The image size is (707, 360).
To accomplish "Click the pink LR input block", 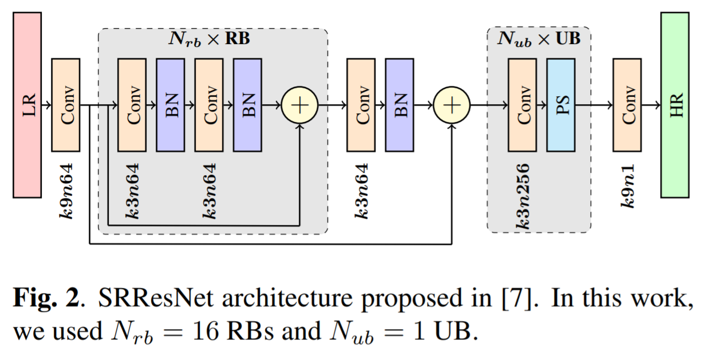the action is point(27,105).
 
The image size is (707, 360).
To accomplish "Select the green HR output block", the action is point(675,105).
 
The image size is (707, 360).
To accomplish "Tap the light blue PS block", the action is point(561,105).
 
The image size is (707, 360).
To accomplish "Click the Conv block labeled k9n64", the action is point(66,105).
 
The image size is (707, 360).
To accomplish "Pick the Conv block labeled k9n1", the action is point(627,105).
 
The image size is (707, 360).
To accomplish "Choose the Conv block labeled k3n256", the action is point(522,105).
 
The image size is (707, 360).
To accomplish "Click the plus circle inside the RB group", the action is point(299,105).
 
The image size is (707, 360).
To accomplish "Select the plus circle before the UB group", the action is point(452,105).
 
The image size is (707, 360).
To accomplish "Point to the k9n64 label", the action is point(66,191).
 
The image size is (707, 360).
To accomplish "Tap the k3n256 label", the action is point(522,196).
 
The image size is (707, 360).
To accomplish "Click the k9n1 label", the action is point(628,186).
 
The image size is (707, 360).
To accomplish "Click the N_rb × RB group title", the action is point(210,39).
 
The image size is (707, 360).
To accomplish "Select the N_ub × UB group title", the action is point(539,39).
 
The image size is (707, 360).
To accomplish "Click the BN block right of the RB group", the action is point(400,105).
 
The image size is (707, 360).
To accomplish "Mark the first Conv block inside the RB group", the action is point(132,105).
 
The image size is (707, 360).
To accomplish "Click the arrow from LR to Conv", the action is point(46,105).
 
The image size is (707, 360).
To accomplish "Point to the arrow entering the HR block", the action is point(651,105).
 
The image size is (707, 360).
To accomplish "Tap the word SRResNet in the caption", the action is point(156,298).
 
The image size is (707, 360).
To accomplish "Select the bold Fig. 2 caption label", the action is point(46,298).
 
